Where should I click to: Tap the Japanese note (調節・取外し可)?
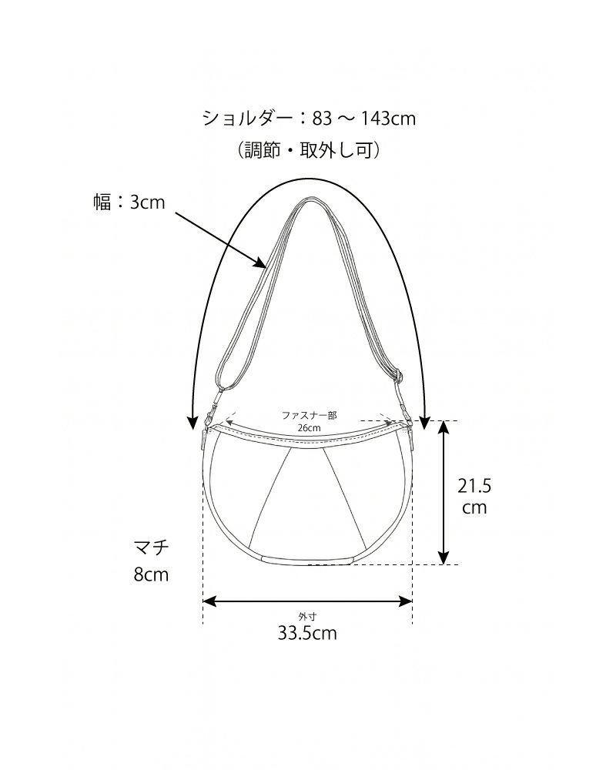click(309, 150)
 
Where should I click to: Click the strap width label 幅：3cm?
click(129, 202)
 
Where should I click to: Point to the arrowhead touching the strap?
click(261, 263)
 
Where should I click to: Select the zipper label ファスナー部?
click(309, 416)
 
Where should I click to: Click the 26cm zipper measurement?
click(309, 427)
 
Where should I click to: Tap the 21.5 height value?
click(474, 486)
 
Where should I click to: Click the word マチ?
click(151, 547)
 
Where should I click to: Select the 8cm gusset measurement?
click(151, 574)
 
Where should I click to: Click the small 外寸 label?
click(307, 617)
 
